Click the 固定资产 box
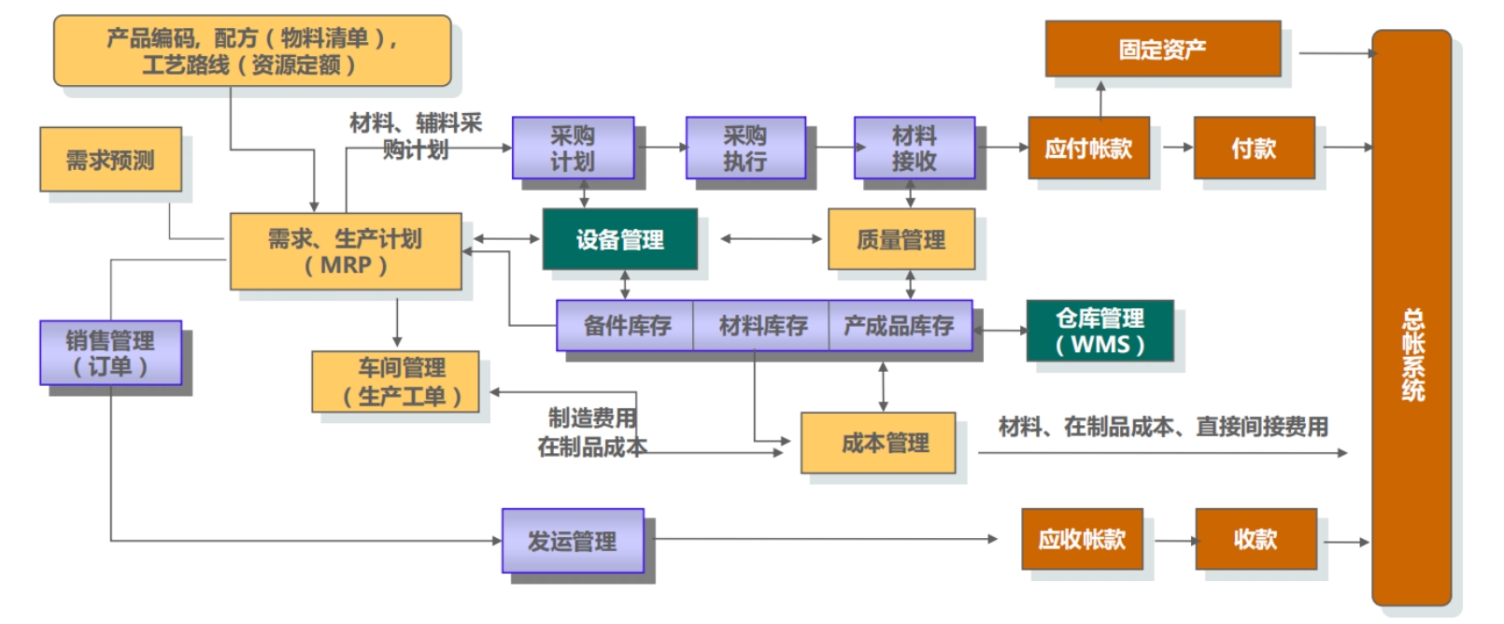tap(1162, 49)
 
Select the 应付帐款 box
tap(1088, 148)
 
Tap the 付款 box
tap(1254, 148)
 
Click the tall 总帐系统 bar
tap(1411, 318)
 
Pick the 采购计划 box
tap(573, 148)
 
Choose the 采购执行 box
tap(745, 148)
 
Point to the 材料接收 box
tap(914, 148)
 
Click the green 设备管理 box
tap(619, 239)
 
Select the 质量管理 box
tap(901, 239)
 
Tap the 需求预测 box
tap(110, 160)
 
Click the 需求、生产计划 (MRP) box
tap(346, 251)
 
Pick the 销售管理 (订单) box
tap(110, 353)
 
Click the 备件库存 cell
tap(626, 325)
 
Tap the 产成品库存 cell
tap(899, 325)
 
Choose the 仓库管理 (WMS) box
tap(1100, 331)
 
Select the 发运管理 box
tap(573, 540)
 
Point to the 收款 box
tap(1256, 539)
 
